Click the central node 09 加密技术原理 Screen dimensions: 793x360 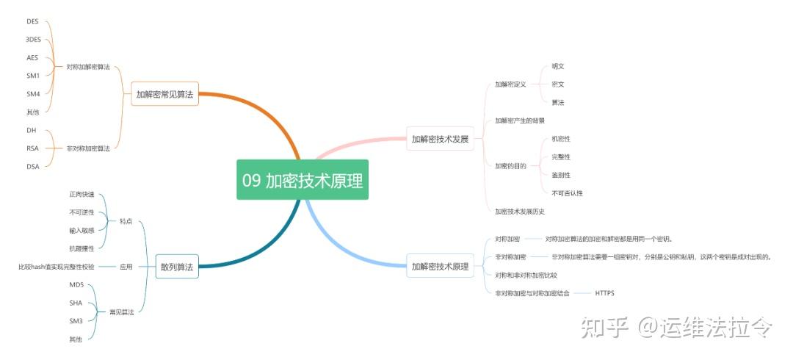coord(302,180)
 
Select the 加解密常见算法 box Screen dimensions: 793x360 coord(164,94)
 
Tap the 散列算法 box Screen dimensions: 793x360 coord(177,267)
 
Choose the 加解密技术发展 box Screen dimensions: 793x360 coord(439,138)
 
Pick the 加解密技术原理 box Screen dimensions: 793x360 coord(440,266)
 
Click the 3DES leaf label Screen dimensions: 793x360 coord(33,40)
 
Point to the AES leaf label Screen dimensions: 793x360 coord(32,57)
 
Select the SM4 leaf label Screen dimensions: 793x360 coord(32,93)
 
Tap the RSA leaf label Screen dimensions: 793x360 coord(32,148)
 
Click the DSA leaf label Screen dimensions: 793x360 coord(32,166)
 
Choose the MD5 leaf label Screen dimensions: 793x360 coord(76,284)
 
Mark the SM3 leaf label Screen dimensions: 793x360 coord(76,320)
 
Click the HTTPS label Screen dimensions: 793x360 coord(605,293)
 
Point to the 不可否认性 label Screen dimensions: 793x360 coord(567,193)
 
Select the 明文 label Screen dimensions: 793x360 coord(558,66)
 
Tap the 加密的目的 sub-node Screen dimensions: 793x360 coord(510,166)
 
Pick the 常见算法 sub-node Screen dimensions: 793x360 coord(121,312)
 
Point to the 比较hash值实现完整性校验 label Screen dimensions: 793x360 coord(57,267)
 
